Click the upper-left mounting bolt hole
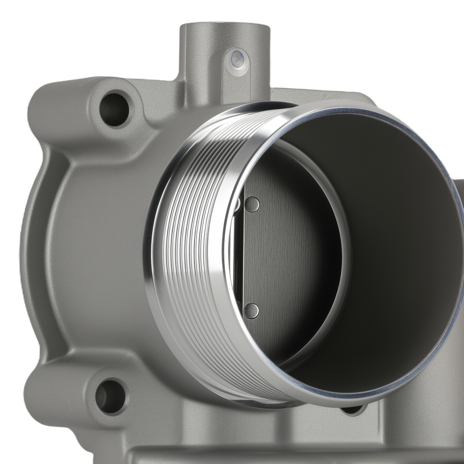[x=114, y=110]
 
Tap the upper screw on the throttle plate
[x=251, y=204]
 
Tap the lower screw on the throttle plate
[x=251, y=310]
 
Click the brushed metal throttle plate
[x=288, y=255]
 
